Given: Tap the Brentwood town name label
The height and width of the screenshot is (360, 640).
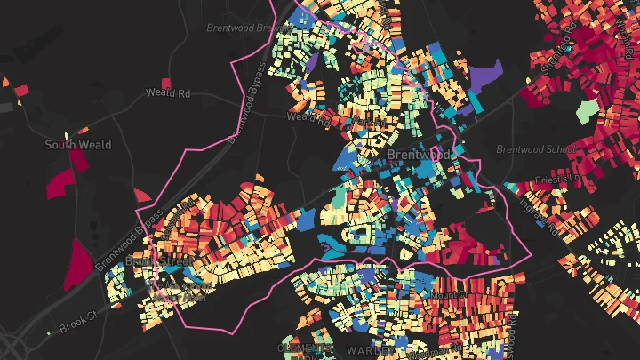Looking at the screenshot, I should click(419, 155).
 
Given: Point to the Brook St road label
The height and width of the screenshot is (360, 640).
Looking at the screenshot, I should click(77, 327).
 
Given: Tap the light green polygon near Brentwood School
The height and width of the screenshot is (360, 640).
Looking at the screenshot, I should click(586, 111).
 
